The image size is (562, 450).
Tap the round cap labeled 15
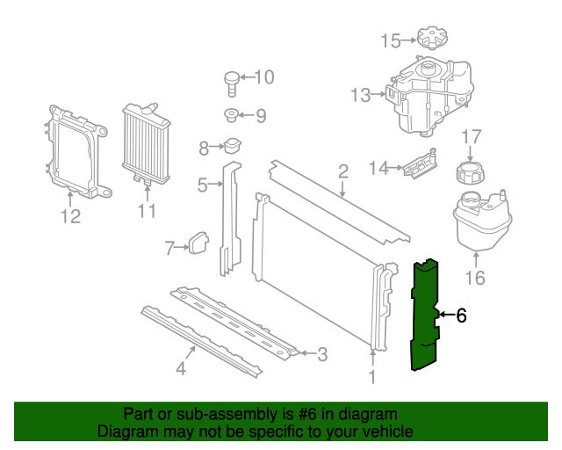429,40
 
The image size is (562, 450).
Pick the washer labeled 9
230,115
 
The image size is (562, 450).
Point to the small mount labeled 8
232,147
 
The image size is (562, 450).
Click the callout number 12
70,216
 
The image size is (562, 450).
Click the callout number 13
361,95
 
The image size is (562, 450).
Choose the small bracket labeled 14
421,164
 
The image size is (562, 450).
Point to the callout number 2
343,171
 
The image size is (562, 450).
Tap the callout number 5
202,185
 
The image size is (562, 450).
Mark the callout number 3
321,354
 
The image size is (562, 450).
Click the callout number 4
180,369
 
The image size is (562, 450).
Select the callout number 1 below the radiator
372,377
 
